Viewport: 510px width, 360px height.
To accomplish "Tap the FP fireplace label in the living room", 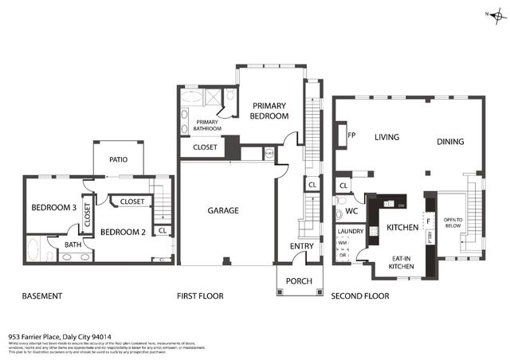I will (351, 135).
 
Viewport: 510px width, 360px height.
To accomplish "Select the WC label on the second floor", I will (351, 211).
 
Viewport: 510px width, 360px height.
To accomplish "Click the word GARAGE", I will (224, 211).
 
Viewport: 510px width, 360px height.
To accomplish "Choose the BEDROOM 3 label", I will (53, 208).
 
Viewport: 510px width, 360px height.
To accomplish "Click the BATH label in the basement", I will (73, 245).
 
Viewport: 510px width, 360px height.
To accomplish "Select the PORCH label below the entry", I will (299, 280).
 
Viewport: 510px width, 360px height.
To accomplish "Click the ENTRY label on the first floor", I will (302, 246).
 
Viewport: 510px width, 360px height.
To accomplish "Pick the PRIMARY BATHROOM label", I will (202, 124).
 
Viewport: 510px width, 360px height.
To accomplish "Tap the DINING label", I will (450, 142).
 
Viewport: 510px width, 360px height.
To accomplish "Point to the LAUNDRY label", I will (351, 232).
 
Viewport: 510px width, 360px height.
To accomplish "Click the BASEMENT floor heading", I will (42, 296).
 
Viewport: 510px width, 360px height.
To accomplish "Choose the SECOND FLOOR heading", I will (360, 296).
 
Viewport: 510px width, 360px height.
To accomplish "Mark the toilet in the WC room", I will (339, 213).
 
